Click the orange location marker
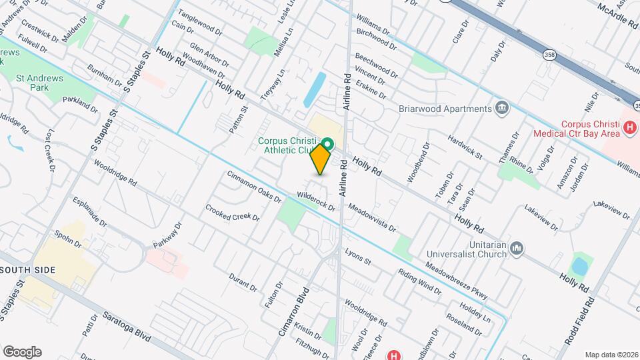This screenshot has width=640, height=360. (321, 159)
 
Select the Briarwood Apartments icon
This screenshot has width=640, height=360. (501, 109)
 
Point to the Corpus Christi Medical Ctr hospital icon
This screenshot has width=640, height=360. (628, 127)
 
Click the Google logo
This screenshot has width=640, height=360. (22, 351)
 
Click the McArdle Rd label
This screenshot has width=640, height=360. (618, 14)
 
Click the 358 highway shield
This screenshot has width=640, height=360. (549, 55)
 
